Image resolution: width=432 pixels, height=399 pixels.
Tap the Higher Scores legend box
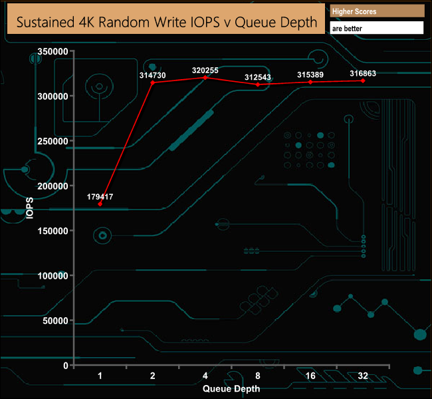pos(377,11)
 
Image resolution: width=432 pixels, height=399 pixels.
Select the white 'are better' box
pos(377,28)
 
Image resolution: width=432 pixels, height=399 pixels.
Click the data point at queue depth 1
pos(100,204)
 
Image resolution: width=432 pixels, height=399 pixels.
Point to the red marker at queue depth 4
pos(205,77)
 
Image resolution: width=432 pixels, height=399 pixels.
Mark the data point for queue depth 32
pos(364,80)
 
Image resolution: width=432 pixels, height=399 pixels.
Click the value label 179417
pos(100,197)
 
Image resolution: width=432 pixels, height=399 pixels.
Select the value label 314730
pos(152,76)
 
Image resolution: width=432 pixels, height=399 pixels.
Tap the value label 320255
pos(205,69)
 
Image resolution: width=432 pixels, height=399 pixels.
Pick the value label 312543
pos(258,77)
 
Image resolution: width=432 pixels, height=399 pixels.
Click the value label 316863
pos(364,73)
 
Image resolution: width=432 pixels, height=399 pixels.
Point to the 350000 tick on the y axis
pos(53,51)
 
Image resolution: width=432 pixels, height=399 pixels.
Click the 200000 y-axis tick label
pos(53,186)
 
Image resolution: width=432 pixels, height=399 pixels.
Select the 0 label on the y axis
pos(65,365)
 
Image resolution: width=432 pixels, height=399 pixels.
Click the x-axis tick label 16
pos(310,376)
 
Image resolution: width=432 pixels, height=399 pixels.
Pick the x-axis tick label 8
pos(258,376)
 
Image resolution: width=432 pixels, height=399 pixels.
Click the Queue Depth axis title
pos(231,388)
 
